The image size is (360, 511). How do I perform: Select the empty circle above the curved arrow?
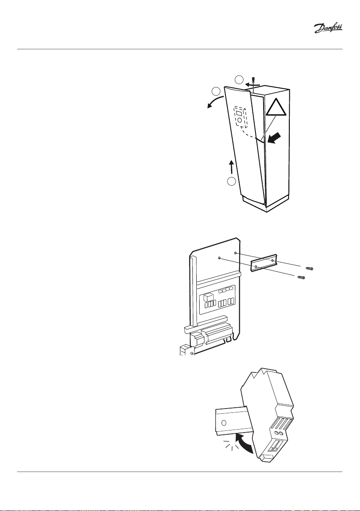pos(217,91)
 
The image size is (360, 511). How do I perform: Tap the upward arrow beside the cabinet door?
pos(231,166)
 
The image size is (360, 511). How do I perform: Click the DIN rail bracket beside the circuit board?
pos(263,262)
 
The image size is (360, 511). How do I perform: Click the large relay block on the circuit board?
pos(209,297)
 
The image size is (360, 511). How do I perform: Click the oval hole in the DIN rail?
pos(223,422)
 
